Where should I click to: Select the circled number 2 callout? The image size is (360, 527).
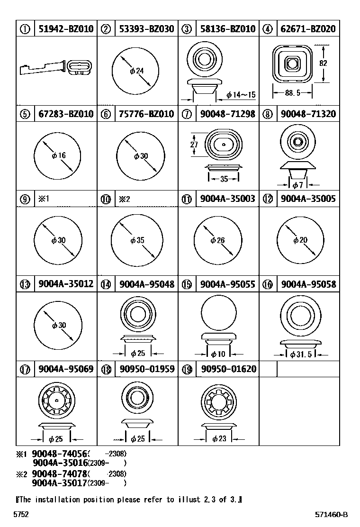tap(106, 29)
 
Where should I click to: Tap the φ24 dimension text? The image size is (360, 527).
tap(136, 71)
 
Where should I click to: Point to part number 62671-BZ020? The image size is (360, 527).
tap(307, 29)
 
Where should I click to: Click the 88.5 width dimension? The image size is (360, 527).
tap(292, 93)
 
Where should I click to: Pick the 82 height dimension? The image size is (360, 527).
tap(323, 63)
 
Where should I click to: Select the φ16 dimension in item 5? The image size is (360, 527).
tap(58, 155)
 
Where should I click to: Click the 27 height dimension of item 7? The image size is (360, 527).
tap(194, 145)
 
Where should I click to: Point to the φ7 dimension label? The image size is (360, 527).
tap(297, 185)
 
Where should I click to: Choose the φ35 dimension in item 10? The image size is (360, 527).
tap(137, 241)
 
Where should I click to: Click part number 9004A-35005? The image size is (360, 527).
tap(307, 199)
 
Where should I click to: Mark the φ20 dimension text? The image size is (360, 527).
tap(300, 240)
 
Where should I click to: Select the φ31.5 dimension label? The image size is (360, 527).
tap(299, 354)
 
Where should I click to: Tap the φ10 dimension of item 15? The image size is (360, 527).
tap(218, 354)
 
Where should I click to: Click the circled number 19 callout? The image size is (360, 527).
tap(187, 369)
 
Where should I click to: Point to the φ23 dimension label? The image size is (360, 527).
tap(219, 439)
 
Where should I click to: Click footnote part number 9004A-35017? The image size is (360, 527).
tap(59, 483)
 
